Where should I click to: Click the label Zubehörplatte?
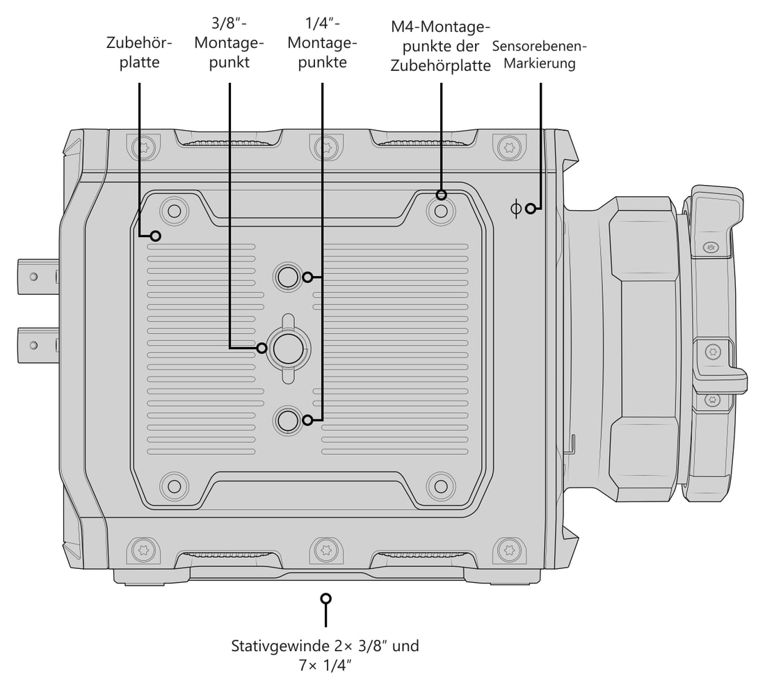tap(139, 52)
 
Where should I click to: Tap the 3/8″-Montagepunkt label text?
tap(229, 43)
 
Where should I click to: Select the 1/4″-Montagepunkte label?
tap(322, 43)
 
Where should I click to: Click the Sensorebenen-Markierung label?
tap(539, 55)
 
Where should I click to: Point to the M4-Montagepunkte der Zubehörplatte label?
tap(440, 46)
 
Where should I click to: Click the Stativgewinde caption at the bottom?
tap(325, 655)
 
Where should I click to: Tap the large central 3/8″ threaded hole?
tap(288, 348)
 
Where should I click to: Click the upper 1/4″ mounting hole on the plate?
tap(288, 277)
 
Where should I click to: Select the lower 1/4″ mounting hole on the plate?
tap(288, 419)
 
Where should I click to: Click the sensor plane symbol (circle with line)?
tap(516, 209)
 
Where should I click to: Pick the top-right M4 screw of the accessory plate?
tap(440, 211)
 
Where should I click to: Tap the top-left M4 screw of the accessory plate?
tap(174, 211)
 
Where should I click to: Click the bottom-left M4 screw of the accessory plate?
tap(174, 486)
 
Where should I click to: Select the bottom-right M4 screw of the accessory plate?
tap(440, 486)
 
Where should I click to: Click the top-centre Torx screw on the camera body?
tap(326, 146)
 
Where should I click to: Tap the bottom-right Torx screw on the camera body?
tap(509, 550)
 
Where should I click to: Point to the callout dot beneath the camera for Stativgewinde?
tap(326, 598)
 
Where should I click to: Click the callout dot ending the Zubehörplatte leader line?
tap(156, 236)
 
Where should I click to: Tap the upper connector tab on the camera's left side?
tap(38, 277)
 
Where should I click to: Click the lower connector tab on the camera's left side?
tap(38, 346)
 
